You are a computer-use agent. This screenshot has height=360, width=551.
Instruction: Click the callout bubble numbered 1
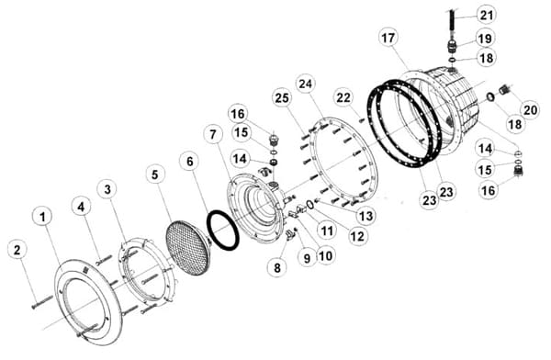click(42, 217)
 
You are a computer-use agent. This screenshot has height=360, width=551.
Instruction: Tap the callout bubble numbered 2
click(17, 250)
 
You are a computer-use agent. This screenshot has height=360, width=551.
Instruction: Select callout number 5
click(155, 174)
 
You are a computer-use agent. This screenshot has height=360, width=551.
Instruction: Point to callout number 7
click(213, 135)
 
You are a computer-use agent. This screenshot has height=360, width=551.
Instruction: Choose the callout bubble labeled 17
click(388, 38)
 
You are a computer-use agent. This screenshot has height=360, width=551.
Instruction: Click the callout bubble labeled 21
click(487, 15)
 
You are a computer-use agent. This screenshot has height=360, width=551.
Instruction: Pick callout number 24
click(306, 84)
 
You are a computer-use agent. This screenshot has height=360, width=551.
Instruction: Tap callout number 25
click(282, 98)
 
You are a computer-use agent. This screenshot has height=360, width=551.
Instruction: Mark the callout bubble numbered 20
click(530, 109)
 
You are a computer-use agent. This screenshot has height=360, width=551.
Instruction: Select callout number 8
click(277, 268)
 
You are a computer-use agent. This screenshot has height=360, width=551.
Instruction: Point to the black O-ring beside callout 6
click(223, 231)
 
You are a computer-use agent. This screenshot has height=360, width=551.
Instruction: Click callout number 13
click(365, 215)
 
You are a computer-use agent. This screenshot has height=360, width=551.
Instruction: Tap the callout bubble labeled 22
click(343, 97)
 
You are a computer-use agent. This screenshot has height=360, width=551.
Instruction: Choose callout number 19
click(485, 38)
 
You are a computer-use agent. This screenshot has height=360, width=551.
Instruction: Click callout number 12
click(357, 236)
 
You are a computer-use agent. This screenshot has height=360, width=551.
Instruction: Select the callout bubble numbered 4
click(81, 207)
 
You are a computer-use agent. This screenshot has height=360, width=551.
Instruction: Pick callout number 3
click(107, 189)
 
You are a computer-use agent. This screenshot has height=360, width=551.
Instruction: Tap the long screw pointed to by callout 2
click(42, 301)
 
